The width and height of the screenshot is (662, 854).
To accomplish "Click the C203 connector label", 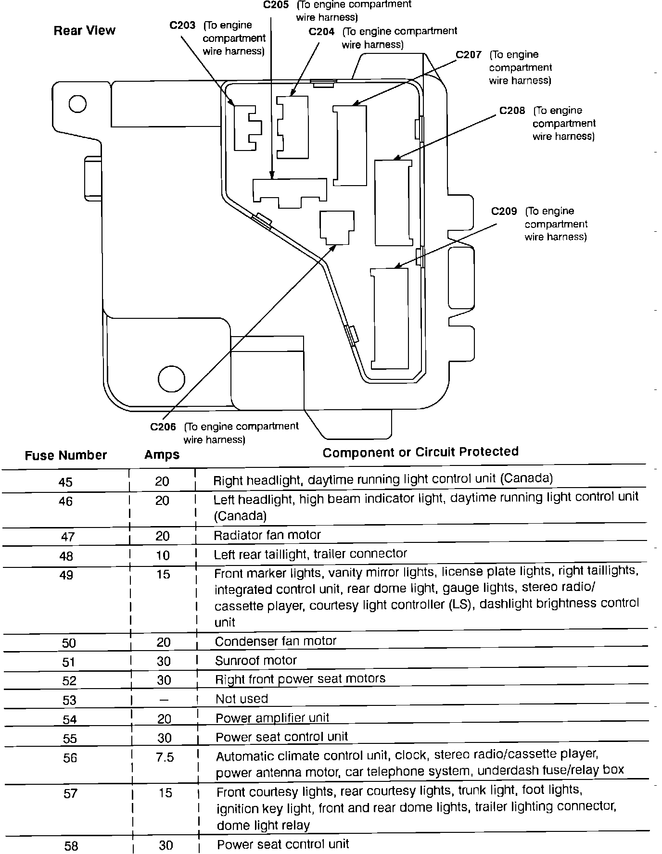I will point(182,25).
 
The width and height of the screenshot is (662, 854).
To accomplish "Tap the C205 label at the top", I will point(276,5).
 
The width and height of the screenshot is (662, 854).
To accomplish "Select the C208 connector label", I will point(512,111).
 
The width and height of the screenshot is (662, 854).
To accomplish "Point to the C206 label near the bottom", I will point(163,427).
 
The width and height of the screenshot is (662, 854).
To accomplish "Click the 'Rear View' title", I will point(85,31).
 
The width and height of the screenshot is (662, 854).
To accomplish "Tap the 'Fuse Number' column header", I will point(66,455).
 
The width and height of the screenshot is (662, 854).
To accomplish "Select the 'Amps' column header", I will point(162,455).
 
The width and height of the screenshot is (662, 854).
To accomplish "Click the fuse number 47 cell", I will point(67,537).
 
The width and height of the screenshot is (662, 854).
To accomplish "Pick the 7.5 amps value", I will point(165,758).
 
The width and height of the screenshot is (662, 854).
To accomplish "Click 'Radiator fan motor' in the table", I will point(267,535).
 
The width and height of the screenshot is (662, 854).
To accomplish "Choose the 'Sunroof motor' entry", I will point(256,661).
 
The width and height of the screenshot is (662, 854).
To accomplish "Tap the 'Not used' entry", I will point(242,699).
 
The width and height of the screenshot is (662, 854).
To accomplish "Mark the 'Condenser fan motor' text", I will point(276,641).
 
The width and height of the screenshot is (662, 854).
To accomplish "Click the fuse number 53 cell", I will point(69,700).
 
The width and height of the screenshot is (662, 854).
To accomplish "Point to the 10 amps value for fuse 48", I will point(163,555).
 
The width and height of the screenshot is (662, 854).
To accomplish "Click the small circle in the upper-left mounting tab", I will point(77,104).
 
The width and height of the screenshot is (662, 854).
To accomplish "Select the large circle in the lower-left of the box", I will point(171,378).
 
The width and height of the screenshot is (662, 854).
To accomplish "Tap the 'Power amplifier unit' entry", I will point(272,718).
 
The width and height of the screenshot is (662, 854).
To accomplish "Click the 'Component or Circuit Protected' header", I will point(420,452).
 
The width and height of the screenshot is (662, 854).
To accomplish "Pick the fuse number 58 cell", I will point(71,846).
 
